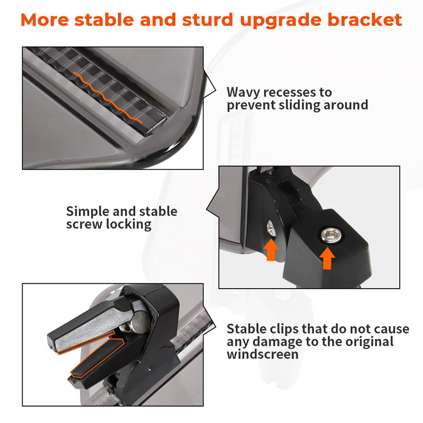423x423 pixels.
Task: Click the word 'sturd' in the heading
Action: (x=207, y=20)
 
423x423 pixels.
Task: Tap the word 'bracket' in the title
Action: (x=365, y=20)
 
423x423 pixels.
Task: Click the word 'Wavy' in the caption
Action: (x=243, y=93)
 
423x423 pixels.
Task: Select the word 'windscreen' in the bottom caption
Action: (x=263, y=354)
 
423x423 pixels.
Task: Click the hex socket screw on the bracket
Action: (x=331, y=235)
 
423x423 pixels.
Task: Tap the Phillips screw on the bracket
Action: (x=271, y=228)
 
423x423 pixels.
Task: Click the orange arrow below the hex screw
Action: (x=327, y=259)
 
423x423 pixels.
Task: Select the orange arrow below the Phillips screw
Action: (x=271, y=250)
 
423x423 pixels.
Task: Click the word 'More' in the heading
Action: (x=44, y=20)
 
